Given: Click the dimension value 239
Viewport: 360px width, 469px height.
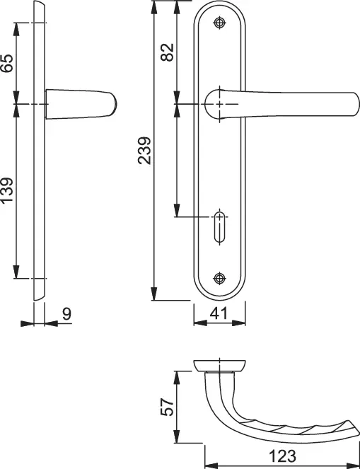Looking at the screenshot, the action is pyautogui.click(x=144, y=151).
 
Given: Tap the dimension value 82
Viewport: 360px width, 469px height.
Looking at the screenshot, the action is pyautogui.click(x=167, y=52).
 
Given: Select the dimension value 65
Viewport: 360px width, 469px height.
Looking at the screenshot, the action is pyautogui.click(x=7, y=63).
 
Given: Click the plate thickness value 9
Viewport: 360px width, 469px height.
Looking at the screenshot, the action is pyautogui.click(x=66, y=314).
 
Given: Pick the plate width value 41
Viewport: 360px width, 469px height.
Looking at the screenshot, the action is pyautogui.click(x=219, y=314).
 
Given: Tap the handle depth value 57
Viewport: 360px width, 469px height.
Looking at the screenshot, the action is pyautogui.click(x=167, y=407).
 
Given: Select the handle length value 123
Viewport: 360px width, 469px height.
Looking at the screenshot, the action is pyautogui.click(x=282, y=456).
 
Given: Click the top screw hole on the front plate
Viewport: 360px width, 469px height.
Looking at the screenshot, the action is pyautogui.click(x=220, y=23).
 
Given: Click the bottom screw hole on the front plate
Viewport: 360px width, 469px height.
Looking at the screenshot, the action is pyautogui.click(x=220, y=279).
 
